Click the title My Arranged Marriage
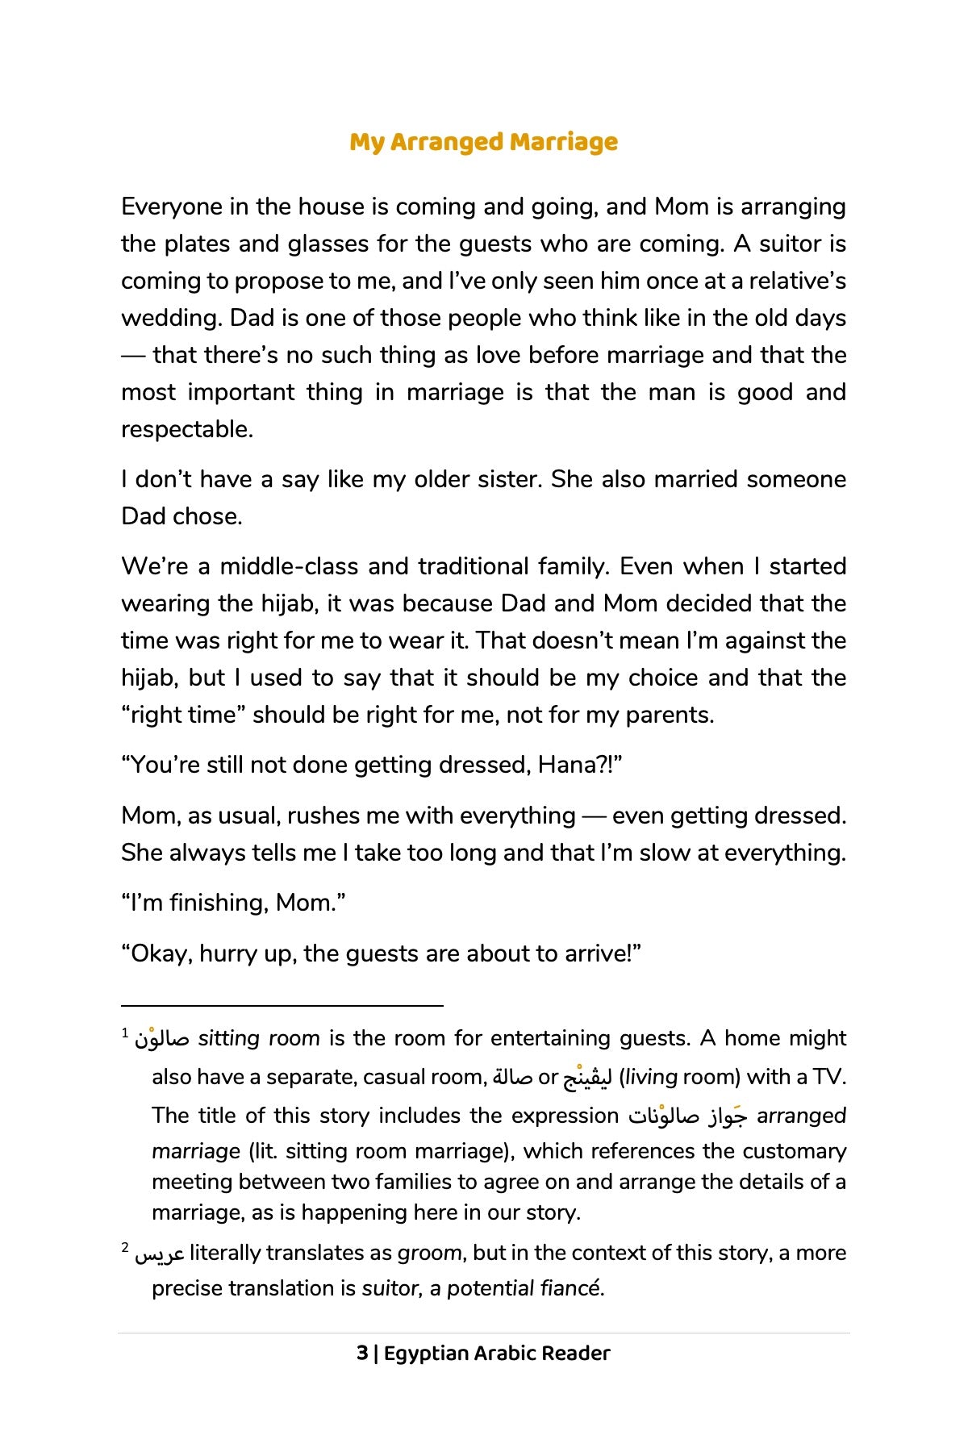pos(484,142)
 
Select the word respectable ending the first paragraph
pos(186,429)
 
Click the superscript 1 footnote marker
pos(125,1033)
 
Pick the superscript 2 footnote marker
pos(125,1247)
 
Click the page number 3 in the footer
pos(362,1353)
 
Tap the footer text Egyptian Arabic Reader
pos(497,1353)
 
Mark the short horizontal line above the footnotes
pos(282,1006)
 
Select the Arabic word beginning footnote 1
pos(162,1038)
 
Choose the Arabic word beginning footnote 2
pos(160,1254)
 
